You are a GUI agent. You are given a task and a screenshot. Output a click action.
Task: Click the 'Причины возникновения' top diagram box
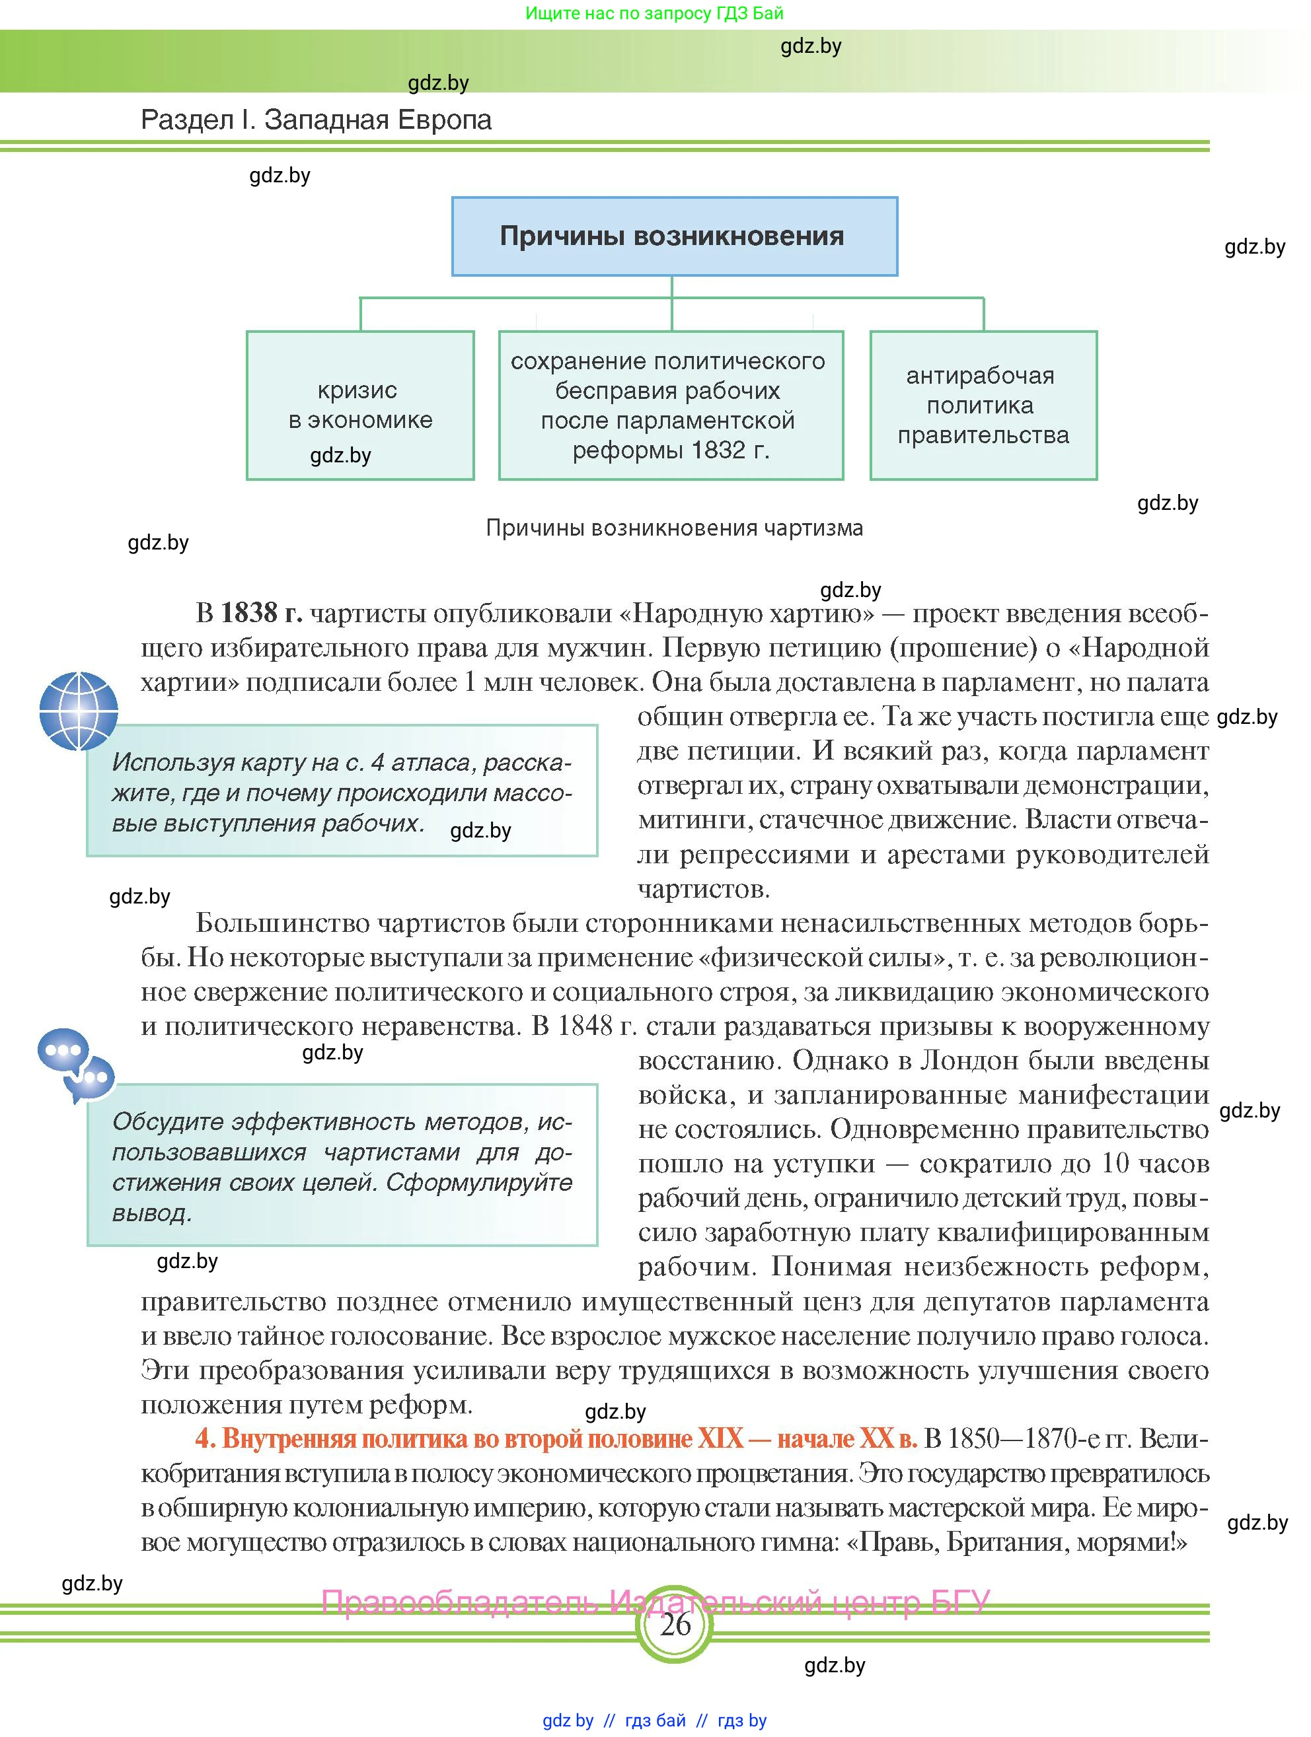click(x=674, y=236)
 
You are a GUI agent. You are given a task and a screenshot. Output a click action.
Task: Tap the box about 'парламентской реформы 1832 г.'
click(x=670, y=406)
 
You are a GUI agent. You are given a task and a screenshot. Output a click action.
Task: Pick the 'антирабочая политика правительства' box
click(x=983, y=406)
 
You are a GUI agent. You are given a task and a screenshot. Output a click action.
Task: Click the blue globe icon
click(x=79, y=711)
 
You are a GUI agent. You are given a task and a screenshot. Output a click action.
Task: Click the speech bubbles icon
click(x=76, y=1064)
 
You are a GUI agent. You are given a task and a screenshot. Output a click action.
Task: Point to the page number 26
click(x=675, y=1624)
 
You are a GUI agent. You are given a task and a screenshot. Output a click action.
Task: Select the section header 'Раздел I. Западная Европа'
click(x=316, y=120)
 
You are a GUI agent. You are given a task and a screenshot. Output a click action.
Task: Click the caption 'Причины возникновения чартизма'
click(x=674, y=528)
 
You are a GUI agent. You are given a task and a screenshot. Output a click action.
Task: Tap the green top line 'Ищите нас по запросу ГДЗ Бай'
click(x=654, y=13)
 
